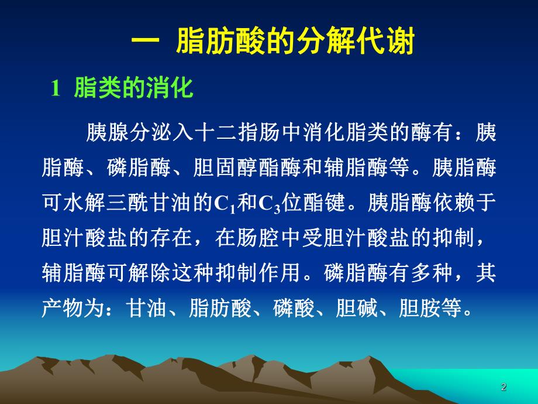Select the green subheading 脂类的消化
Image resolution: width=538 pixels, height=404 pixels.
tap(133, 89)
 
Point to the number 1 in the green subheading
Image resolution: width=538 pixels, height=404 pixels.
tap(56, 90)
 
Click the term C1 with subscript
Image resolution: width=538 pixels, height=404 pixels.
tap(223, 204)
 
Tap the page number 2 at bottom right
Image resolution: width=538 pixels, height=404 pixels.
tap(503, 386)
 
